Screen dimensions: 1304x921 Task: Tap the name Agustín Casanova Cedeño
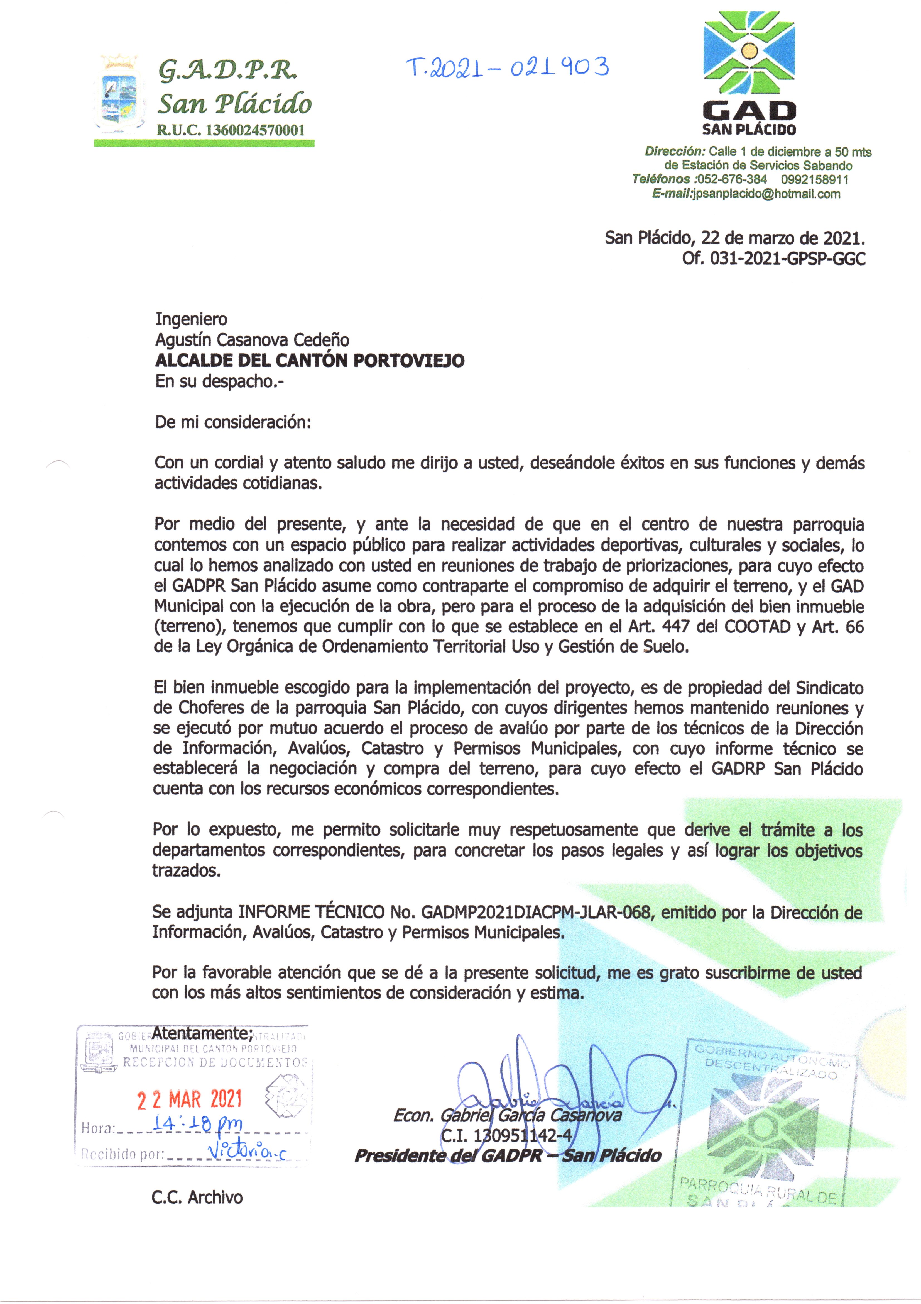(x=252, y=340)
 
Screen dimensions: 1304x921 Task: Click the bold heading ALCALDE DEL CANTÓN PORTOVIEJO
(x=310, y=361)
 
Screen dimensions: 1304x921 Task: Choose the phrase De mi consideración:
(x=233, y=423)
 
